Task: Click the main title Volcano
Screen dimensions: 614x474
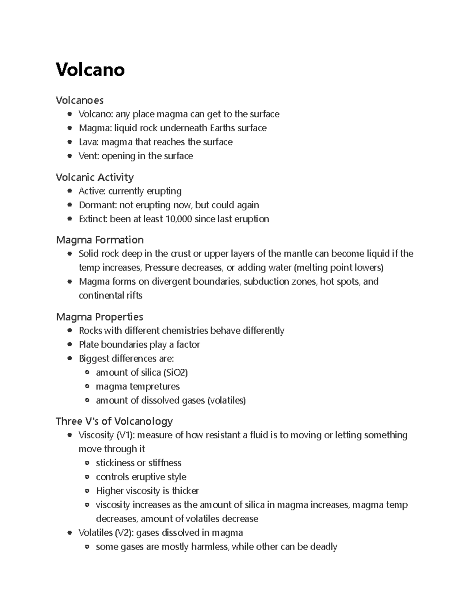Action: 90,70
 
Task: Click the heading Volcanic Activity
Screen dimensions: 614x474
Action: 94,177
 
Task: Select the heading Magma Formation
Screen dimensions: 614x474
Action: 100,240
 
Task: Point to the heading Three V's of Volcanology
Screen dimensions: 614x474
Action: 114,421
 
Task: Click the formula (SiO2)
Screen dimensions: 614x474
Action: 175,372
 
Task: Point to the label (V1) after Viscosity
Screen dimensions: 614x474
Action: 125,435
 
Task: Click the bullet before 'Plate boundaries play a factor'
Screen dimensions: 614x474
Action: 70,345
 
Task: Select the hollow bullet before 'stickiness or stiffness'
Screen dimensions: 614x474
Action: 87,463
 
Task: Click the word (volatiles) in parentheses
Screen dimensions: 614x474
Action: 226,400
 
